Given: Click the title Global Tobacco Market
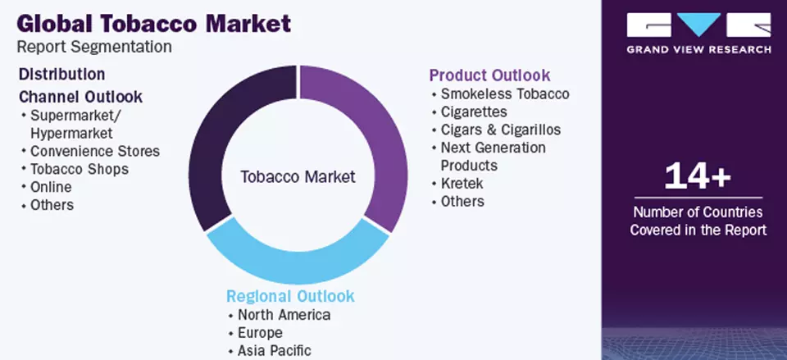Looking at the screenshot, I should (153, 23).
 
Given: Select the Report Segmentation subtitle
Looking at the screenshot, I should (94, 48).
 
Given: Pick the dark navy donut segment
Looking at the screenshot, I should (217, 148).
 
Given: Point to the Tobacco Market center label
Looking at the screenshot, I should (298, 176).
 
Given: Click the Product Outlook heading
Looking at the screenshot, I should (489, 75).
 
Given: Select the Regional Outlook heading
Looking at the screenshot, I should (290, 296).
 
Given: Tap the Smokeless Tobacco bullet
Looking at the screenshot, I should (504, 93).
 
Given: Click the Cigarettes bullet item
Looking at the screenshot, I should (474, 112).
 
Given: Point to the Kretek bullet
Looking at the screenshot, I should (462, 183).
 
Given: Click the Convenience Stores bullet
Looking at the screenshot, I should (94, 151).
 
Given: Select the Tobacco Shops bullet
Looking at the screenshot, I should (79, 169).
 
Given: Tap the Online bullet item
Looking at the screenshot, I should (52, 187).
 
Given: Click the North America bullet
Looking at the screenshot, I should (284, 315).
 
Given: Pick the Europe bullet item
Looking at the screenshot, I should (260, 333).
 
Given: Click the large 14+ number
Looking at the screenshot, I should (698, 175).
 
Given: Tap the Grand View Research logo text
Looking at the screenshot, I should (698, 49).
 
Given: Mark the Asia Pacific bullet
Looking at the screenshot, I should (274, 351).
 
